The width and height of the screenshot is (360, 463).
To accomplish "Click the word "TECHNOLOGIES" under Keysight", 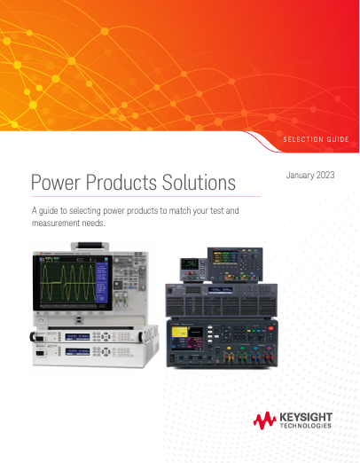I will click(306, 426).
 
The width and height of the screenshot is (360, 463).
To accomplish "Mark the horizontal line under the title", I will click(145, 197).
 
